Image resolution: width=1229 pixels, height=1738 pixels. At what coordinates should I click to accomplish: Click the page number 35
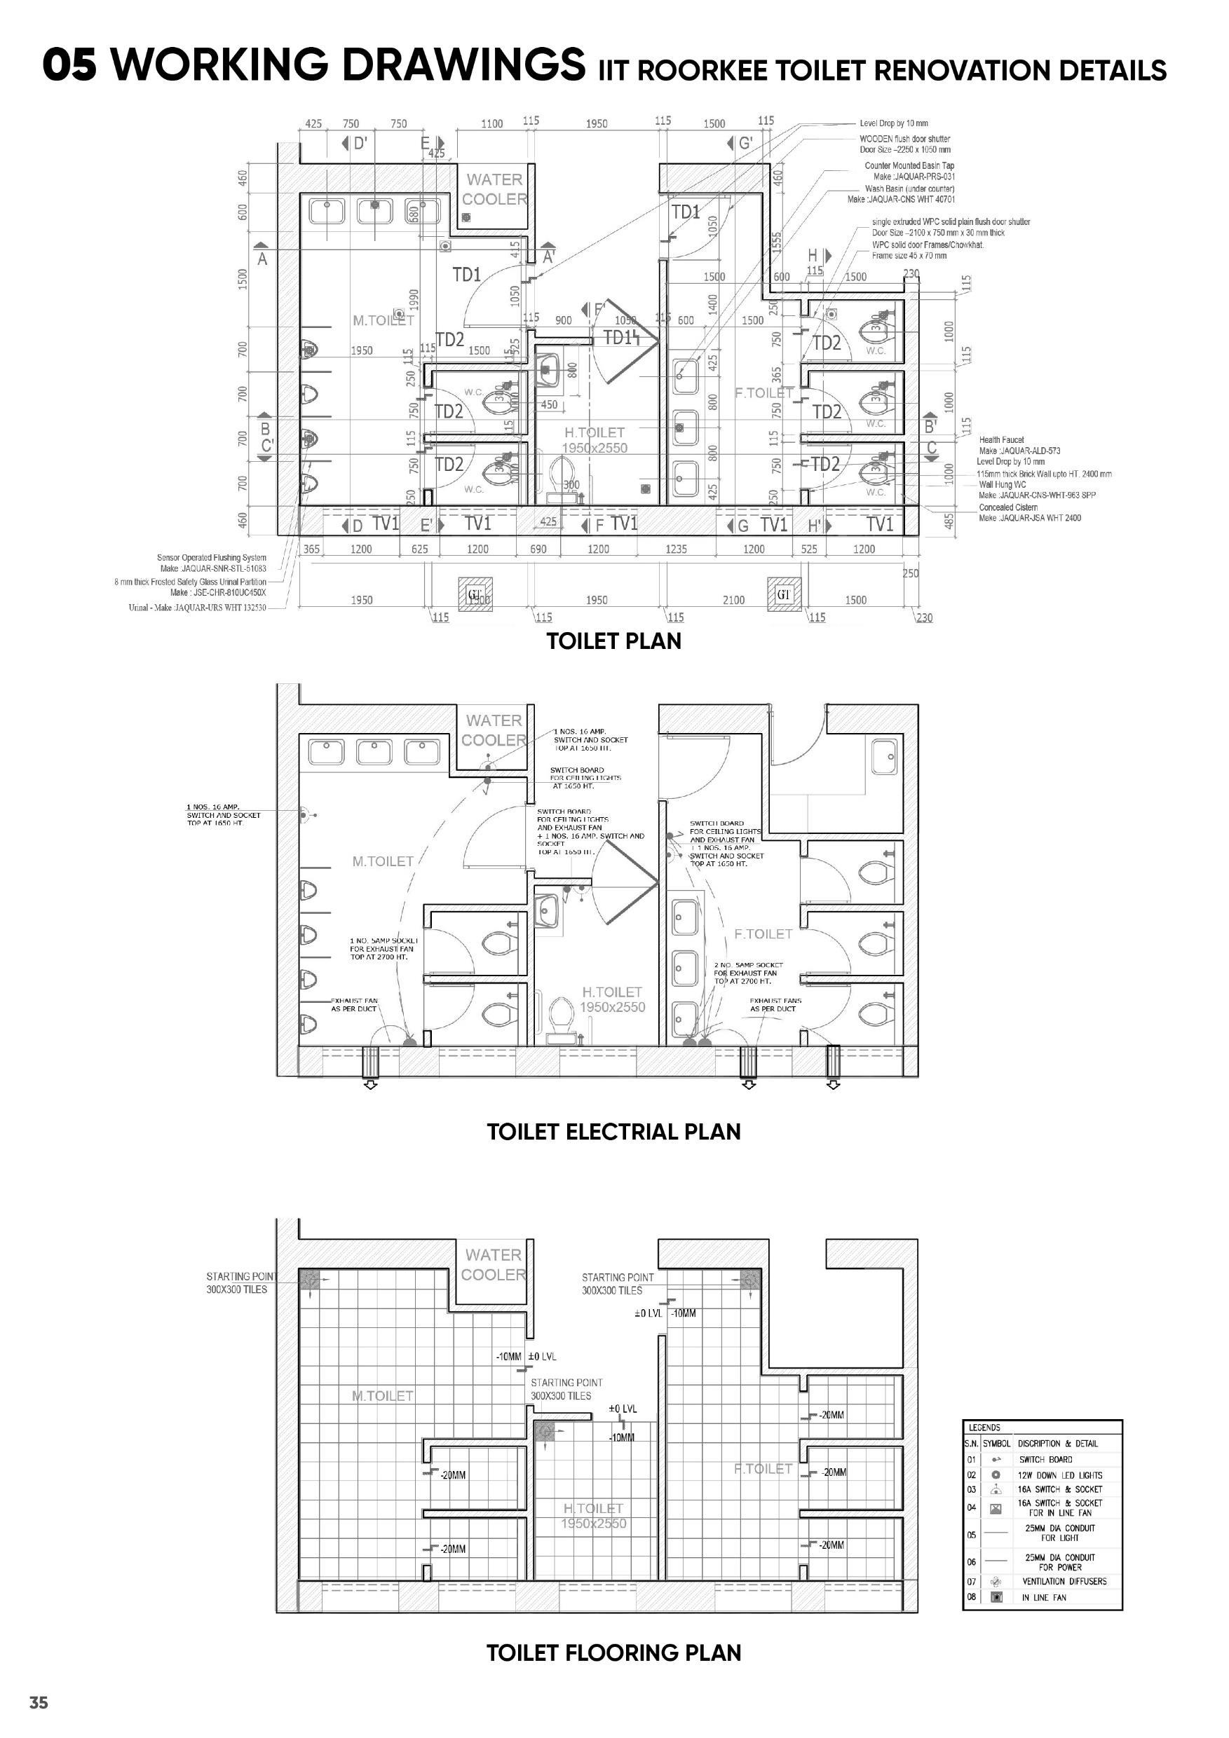tap(39, 1702)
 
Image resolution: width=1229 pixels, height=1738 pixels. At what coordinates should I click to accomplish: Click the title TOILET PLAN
tap(613, 641)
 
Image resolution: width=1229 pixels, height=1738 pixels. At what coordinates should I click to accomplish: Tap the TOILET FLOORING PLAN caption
tap(613, 1653)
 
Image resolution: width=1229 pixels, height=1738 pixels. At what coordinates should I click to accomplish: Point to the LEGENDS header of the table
tap(984, 1428)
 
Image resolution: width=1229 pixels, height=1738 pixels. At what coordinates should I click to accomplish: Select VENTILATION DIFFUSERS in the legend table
tap(1064, 1582)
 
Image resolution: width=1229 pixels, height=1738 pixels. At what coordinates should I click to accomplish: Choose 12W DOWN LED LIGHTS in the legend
tap(1059, 1475)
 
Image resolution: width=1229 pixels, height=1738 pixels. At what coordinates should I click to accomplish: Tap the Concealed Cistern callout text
tap(1008, 507)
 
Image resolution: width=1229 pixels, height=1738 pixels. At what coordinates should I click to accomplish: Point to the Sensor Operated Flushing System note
tap(211, 558)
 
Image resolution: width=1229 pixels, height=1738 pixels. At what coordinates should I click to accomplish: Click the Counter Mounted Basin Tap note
tap(909, 165)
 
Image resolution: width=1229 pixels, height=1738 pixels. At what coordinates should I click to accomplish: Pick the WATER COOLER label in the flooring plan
tap(494, 1265)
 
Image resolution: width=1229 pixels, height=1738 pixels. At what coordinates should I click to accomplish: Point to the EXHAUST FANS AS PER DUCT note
tap(775, 1004)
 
